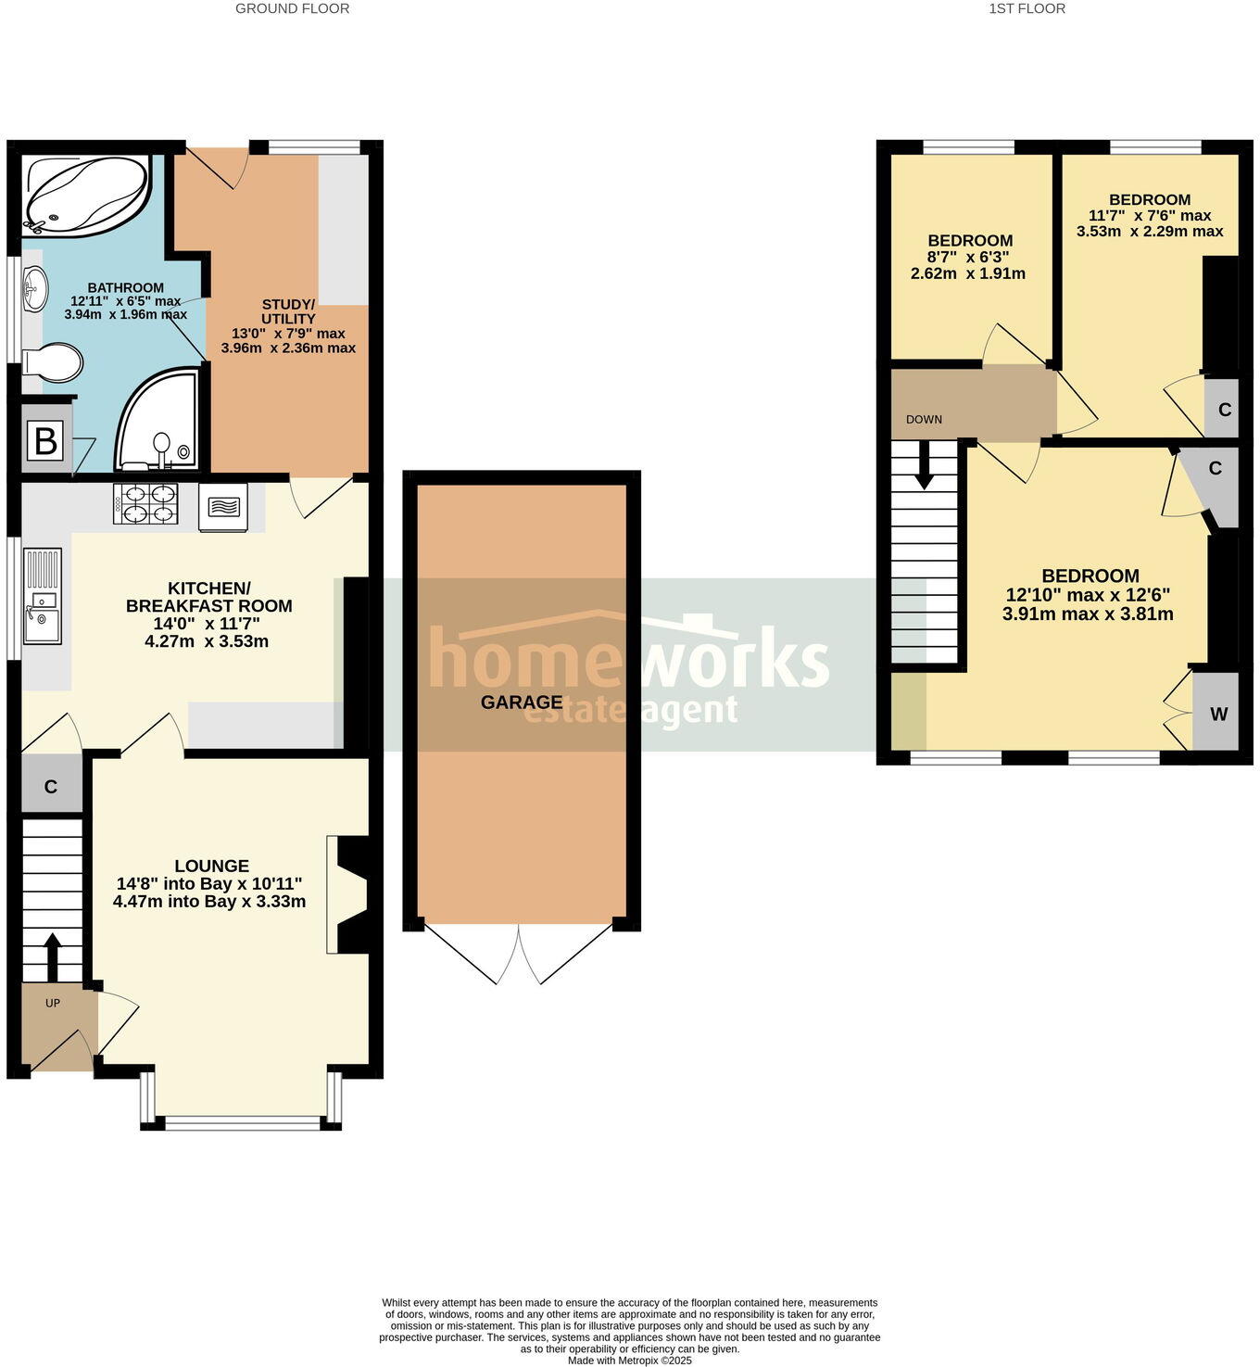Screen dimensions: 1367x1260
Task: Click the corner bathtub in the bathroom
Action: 86,194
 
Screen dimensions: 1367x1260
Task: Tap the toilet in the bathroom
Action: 55,362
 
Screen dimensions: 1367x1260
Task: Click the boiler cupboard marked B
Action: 45,441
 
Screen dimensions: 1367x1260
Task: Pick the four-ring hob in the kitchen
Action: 145,504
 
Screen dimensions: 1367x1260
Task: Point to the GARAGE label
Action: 522,702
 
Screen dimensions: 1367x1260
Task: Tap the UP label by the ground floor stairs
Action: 53,1003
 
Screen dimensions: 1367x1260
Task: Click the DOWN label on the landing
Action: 924,419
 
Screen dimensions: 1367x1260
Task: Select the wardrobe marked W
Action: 1218,714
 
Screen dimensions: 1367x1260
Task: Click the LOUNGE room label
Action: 211,867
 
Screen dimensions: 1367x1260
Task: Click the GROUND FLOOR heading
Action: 292,8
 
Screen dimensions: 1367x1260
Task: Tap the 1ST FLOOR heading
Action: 1027,8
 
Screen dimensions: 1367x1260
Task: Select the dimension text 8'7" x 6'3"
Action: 968,257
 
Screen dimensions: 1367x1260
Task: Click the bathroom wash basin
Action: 34,287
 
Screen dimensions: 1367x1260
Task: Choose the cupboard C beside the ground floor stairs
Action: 51,786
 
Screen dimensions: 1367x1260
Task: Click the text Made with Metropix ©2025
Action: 629,1361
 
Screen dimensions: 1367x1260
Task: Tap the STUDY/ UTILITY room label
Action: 288,311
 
